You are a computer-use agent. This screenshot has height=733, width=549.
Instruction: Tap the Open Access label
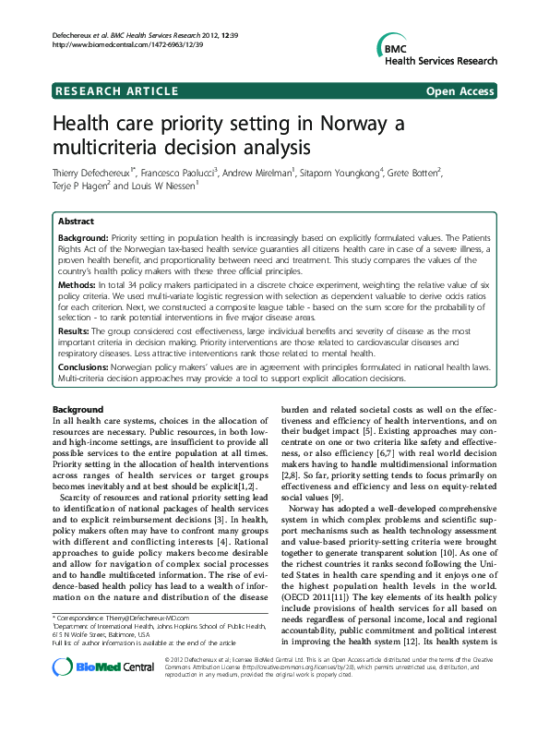click(x=460, y=90)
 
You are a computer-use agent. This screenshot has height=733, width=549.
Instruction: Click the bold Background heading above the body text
click(x=78, y=409)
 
